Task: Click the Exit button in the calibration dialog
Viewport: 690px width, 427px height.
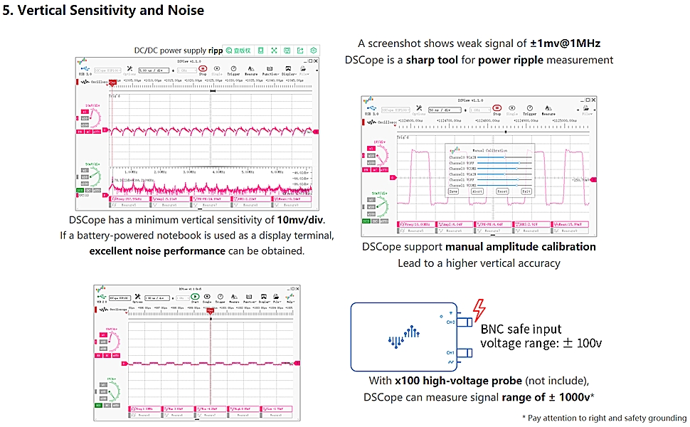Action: (x=526, y=191)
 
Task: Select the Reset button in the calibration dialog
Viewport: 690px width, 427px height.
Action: (x=502, y=191)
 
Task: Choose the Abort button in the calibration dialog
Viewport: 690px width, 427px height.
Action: (x=477, y=191)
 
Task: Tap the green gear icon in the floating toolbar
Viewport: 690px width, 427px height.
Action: (x=314, y=51)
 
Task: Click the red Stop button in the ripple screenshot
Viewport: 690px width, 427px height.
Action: (x=203, y=69)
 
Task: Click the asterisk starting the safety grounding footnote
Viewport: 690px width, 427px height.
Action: (x=524, y=418)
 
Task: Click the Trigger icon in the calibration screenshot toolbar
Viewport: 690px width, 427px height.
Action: (x=530, y=110)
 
